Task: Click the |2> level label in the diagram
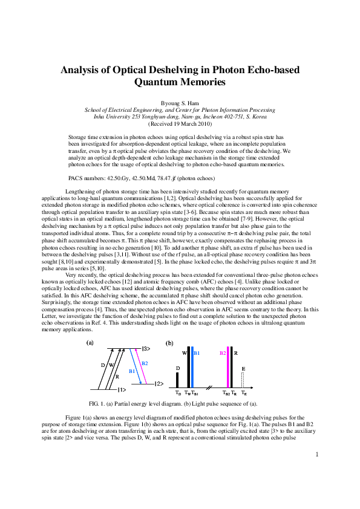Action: click(159, 384)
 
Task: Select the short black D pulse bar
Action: click(177, 379)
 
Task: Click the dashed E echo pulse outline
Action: click(243, 379)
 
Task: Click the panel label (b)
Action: click(170, 343)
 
